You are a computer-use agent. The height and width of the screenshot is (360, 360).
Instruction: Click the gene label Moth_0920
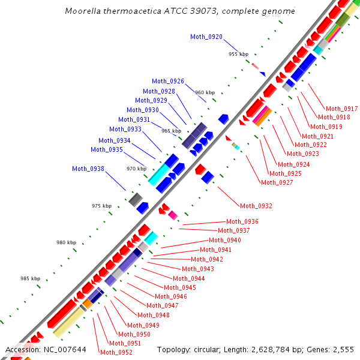tap(206, 37)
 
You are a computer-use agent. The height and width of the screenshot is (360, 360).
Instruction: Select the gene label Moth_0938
tap(88, 169)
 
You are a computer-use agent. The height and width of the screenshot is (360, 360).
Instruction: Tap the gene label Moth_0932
tap(256, 206)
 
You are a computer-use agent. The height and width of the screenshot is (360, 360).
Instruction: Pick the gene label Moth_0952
tap(116, 352)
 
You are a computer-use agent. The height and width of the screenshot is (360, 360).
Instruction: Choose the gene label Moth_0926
tap(168, 82)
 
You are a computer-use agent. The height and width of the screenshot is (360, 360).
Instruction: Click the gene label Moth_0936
tap(242, 222)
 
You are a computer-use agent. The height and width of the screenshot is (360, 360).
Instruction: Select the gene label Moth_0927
tap(277, 182)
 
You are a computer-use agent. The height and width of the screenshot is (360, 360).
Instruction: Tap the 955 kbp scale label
tap(238, 54)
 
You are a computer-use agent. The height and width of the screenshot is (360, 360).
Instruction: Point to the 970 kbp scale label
tap(136, 169)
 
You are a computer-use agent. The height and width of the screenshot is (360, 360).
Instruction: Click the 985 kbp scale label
tap(30, 279)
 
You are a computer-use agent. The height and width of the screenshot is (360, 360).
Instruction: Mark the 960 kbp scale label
tap(205, 92)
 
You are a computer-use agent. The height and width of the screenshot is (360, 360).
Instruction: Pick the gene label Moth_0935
tap(107, 149)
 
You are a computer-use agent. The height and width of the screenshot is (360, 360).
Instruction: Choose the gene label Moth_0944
tap(188, 278)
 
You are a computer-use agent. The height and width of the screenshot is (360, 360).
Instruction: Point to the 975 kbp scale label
tap(101, 206)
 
